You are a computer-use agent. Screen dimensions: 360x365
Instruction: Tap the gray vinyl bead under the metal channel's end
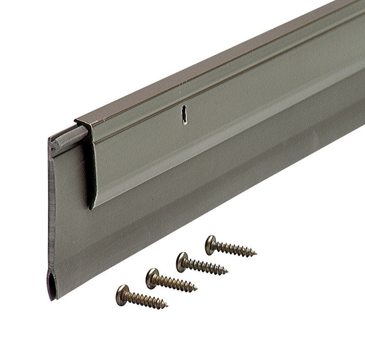[68, 137]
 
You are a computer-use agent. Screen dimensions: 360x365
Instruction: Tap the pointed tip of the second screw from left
[196, 289]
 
